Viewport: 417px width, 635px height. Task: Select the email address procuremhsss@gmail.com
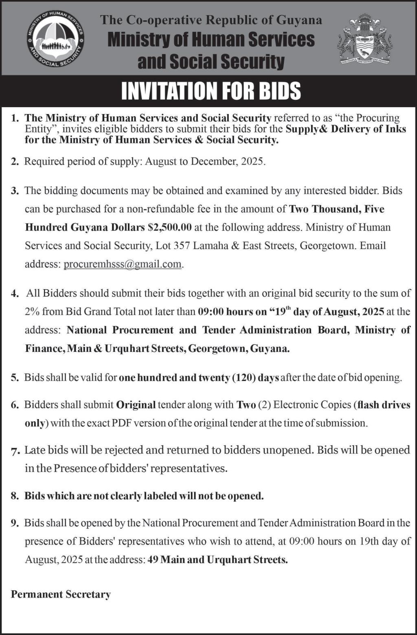(123, 264)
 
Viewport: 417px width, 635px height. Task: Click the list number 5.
(15, 378)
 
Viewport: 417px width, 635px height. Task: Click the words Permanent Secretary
(61, 594)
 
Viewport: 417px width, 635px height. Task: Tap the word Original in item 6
(136, 405)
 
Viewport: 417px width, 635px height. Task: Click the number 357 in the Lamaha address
(182, 246)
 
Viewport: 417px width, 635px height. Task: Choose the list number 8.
(15, 496)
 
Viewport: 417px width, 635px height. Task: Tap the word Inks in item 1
(396, 129)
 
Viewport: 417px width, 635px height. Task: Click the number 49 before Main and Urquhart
(153, 560)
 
